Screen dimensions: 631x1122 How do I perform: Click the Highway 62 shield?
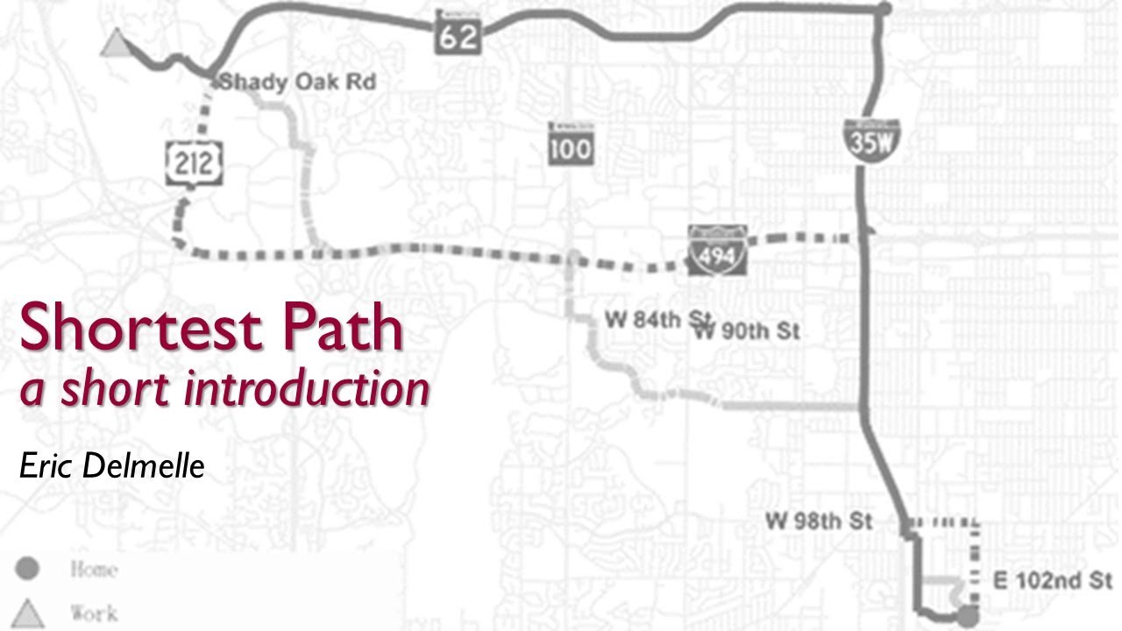tap(458, 32)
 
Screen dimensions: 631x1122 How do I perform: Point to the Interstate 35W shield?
tap(869, 138)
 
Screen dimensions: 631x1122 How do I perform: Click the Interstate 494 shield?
tap(717, 251)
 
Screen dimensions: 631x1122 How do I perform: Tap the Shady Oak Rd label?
tap(298, 82)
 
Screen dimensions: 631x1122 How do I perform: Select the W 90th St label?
tap(750, 331)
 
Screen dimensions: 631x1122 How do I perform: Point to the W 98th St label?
tap(819, 521)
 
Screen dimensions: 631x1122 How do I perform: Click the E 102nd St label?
tap(1052, 580)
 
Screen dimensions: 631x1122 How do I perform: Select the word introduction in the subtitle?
tap(307, 388)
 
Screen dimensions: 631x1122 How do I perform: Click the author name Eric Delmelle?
tap(112, 465)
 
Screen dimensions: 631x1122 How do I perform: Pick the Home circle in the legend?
tap(27, 570)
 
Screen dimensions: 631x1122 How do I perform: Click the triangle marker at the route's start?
tap(114, 42)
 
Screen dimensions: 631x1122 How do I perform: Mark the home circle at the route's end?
tap(969, 613)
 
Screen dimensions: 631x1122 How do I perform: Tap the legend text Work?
tap(94, 612)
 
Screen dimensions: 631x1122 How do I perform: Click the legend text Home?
tap(94, 570)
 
